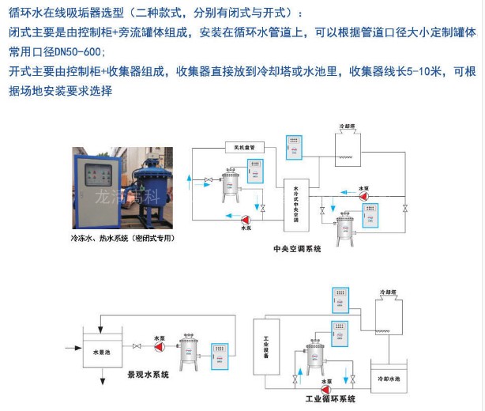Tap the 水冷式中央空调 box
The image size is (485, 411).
pos(296,201)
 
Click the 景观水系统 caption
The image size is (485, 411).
pos(149,374)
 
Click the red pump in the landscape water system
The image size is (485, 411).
pos(160,345)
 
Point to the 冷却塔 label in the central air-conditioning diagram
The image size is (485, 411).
pos(348,126)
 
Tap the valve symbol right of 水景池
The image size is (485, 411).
pos(139,345)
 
